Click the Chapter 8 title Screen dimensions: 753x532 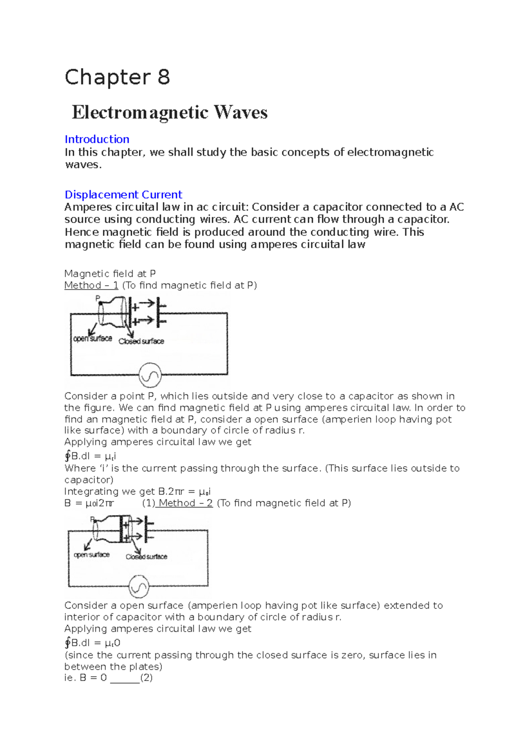click(117, 77)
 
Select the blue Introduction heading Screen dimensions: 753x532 click(97, 139)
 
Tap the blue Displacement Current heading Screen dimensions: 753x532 click(123, 195)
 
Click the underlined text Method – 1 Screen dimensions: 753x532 click(91, 286)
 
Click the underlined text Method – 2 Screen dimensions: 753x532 click(185, 503)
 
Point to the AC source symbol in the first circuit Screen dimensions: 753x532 click(149, 376)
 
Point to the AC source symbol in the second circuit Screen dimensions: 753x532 click(139, 587)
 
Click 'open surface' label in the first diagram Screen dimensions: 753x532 click(93, 339)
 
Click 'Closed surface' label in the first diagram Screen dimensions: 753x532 click(141, 341)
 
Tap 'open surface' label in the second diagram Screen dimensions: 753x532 click(91, 555)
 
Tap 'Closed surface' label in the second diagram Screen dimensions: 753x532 click(146, 557)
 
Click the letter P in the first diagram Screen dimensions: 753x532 click(98, 298)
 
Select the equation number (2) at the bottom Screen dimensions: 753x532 click(146, 678)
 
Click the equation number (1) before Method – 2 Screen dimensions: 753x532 click(149, 503)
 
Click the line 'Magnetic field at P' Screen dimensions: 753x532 click(110, 274)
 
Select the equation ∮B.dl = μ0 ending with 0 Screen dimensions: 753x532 click(92, 643)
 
